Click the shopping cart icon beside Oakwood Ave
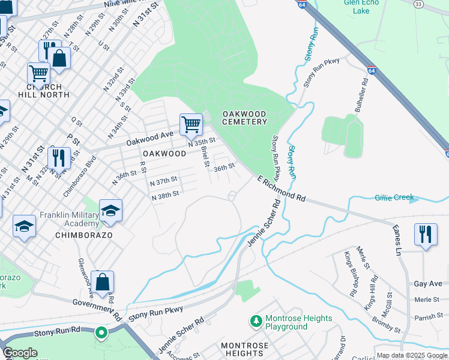(x=191, y=125)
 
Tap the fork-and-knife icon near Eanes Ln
(x=426, y=234)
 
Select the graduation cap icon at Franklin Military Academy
(x=110, y=211)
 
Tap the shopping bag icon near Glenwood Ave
(x=102, y=282)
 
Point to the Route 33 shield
(x=418, y=4)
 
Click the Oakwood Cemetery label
(x=244, y=118)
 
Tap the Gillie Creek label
(x=394, y=197)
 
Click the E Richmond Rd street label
(x=282, y=188)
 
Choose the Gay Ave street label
(x=427, y=283)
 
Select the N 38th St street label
(x=166, y=196)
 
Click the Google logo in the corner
(x=20, y=353)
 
